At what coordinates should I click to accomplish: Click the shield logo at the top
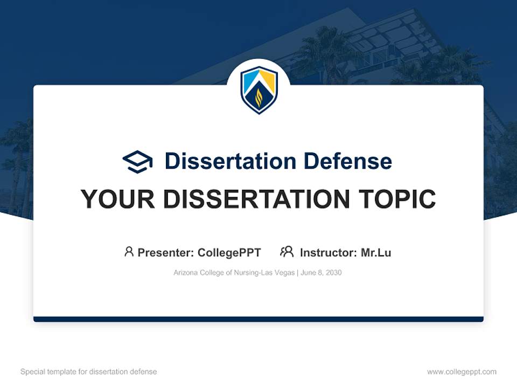click(258, 89)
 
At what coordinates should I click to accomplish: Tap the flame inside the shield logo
click(258, 98)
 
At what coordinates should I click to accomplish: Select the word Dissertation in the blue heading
click(230, 161)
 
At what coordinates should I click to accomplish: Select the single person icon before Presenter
click(129, 252)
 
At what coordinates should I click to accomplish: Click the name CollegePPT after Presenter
click(229, 253)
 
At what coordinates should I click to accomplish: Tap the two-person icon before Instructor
click(287, 252)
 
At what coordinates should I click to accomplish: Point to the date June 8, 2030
click(321, 273)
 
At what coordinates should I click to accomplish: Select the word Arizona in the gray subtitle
click(185, 273)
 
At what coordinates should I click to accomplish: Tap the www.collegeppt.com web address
click(462, 372)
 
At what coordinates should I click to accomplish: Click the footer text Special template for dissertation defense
click(88, 372)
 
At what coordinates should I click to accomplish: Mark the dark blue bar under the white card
click(258, 319)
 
